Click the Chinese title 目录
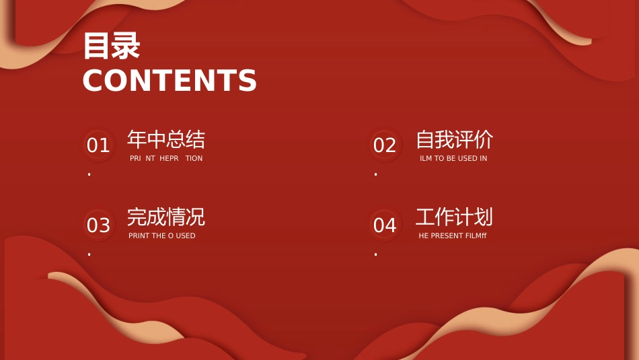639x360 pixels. [112, 46]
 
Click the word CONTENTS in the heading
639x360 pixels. [170, 80]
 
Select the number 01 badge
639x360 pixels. [99, 145]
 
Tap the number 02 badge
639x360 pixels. [385, 145]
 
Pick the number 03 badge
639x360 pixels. [99, 225]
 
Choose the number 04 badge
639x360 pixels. [385, 225]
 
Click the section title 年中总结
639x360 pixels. [166, 139]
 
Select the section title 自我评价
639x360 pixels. [455, 139]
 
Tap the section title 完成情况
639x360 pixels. [166, 217]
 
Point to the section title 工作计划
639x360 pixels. [455, 217]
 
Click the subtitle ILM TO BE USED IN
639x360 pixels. [453, 158]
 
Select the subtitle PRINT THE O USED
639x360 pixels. [162, 236]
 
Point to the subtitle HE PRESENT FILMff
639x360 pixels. [453, 236]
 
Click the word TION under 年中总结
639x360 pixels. [194, 158]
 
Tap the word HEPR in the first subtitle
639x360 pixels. [169, 158]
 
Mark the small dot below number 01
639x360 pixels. [89, 174]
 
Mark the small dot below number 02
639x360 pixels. [376, 174]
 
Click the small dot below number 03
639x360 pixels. [89, 254]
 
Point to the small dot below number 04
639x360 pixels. [376, 254]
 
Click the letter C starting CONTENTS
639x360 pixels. [93, 80]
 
